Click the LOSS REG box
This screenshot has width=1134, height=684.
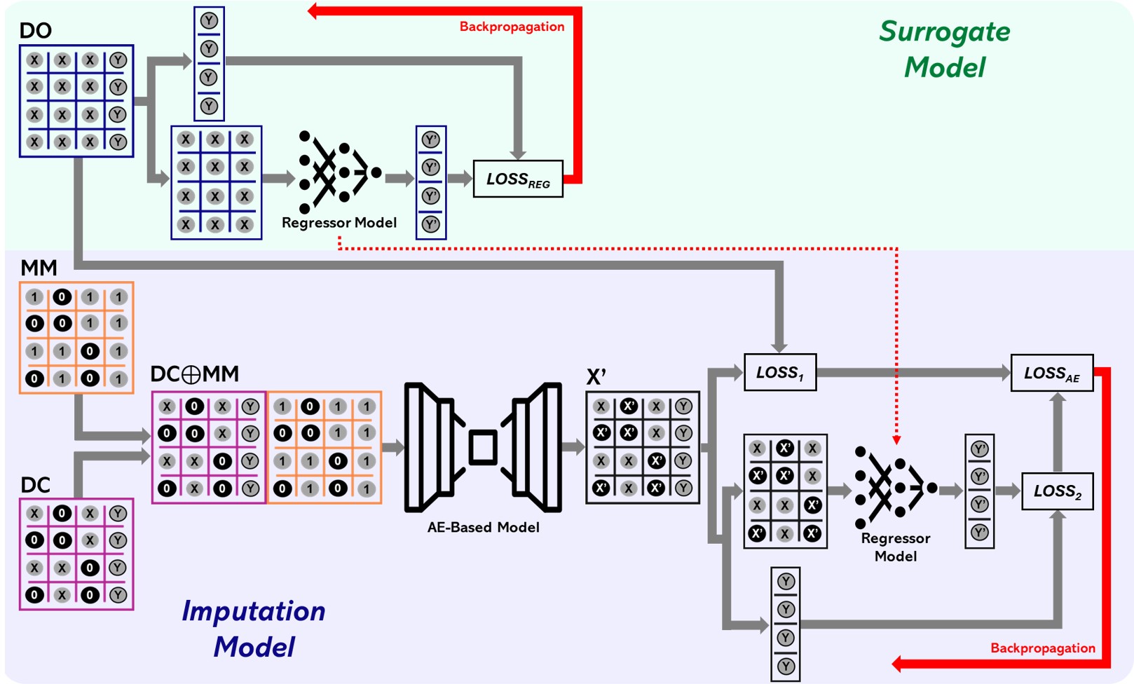[518, 179]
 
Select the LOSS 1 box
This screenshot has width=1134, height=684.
[779, 372]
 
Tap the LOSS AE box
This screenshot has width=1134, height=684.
[1051, 373]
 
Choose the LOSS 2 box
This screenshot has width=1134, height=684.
[1057, 491]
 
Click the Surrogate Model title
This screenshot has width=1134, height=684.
[944, 49]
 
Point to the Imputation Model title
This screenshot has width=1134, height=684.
[254, 628]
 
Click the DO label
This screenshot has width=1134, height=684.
[35, 31]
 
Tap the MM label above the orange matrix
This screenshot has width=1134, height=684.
[39, 268]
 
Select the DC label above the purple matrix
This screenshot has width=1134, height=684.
[35, 485]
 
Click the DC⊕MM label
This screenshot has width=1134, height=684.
[195, 374]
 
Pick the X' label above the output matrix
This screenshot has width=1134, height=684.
[596, 377]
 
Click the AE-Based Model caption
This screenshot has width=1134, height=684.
[483, 527]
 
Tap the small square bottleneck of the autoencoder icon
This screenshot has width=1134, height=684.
[483, 447]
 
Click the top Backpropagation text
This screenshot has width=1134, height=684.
[512, 27]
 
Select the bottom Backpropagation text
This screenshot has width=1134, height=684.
[1042, 648]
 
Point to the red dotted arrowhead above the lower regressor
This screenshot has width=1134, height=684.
[896, 439]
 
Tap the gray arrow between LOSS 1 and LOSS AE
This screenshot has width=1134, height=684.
[911, 373]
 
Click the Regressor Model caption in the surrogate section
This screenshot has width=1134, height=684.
[339, 223]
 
